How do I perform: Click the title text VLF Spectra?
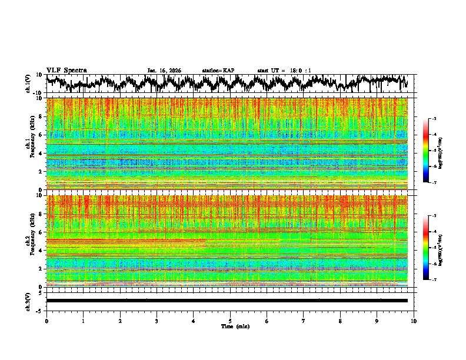click(x=66, y=71)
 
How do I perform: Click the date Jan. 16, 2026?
click(x=164, y=71)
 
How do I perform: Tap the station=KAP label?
click(x=218, y=71)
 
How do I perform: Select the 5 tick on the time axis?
click(x=230, y=321)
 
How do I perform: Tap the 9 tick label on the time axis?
click(x=377, y=321)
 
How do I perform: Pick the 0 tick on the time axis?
click(x=46, y=321)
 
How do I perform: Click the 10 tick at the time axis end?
click(x=414, y=321)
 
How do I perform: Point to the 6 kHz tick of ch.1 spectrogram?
click(x=41, y=135)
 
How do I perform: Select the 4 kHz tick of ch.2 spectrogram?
click(x=41, y=250)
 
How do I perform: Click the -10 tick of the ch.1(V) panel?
click(x=37, y=92)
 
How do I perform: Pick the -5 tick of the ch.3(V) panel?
click(x=39, y=309)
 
